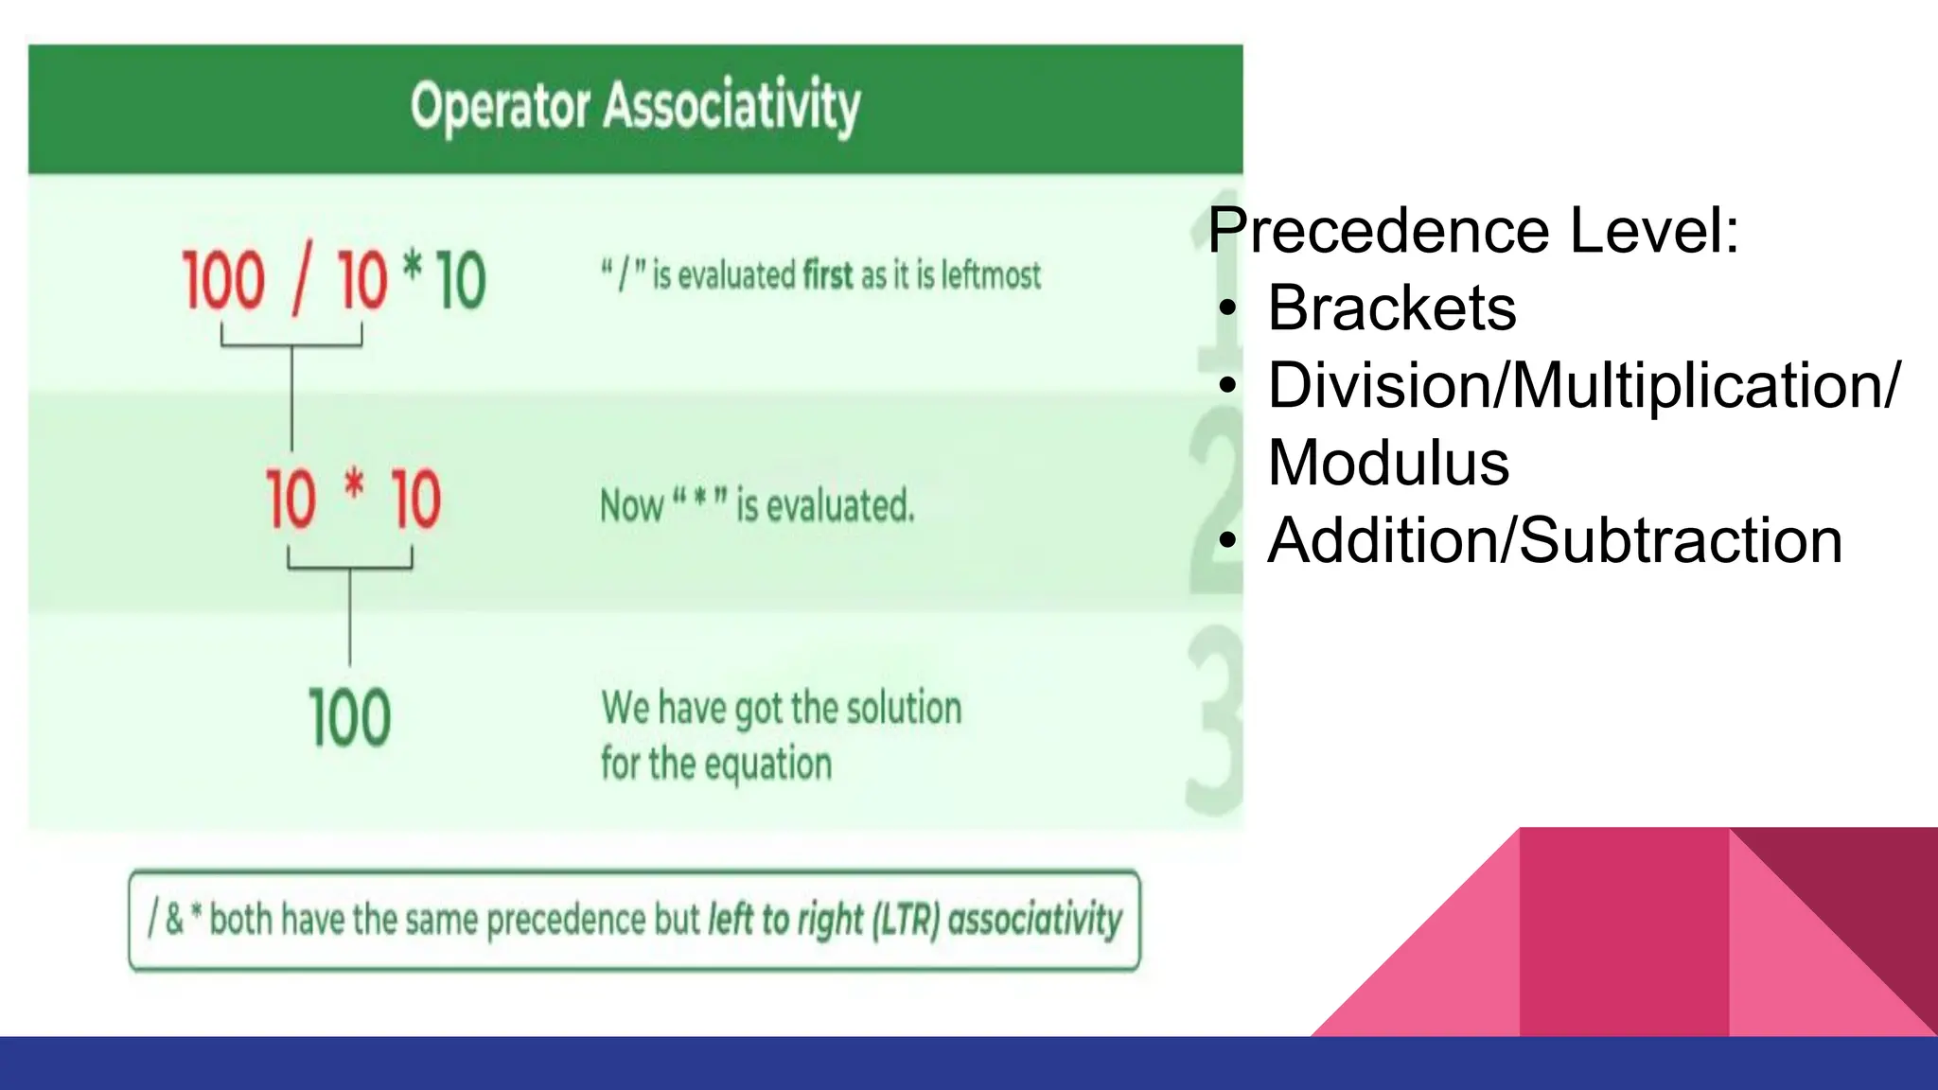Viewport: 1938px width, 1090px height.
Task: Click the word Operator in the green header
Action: click(x=501, y=106)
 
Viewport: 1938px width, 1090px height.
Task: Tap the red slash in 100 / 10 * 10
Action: click(x=302, y=281)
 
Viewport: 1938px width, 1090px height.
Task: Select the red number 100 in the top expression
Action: click(x=223, y=281)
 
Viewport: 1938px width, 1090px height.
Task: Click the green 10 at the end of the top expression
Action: click(x=461, y=281)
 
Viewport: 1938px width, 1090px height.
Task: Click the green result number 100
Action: click(x=349, y=718)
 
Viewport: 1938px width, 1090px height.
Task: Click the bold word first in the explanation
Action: click(x=828, y=275)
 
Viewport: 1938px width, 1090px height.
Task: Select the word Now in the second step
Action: click(x=631, y=506)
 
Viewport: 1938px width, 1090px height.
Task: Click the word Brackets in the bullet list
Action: click(x=1391, y=308)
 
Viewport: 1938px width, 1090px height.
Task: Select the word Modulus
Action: click(x=1387, y=464)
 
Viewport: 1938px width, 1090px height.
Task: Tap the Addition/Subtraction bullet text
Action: click(x=1554, y=541)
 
